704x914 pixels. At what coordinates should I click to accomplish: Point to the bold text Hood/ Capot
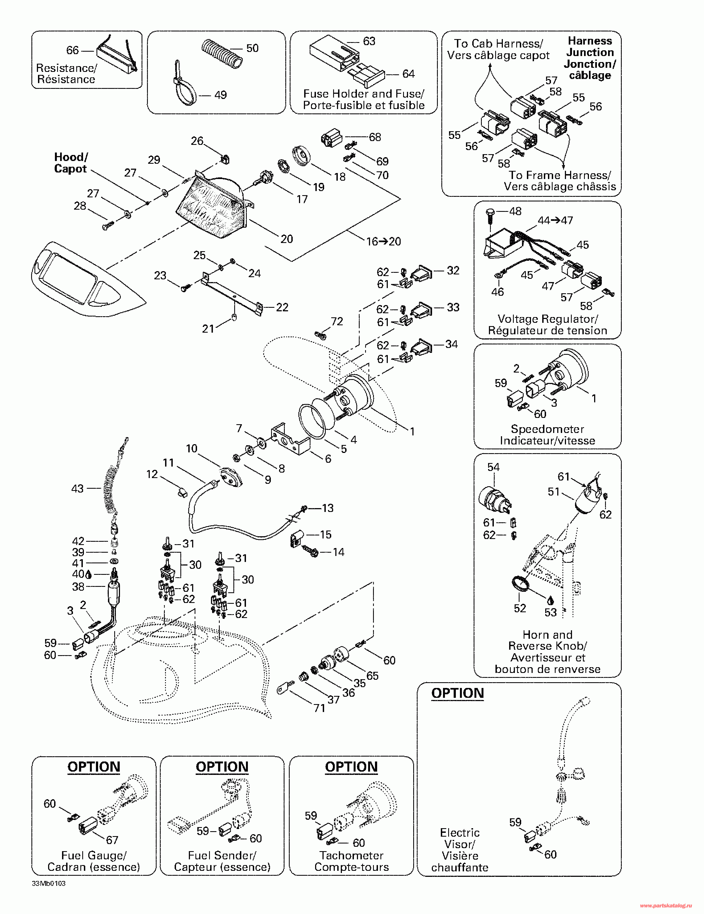click(x=71, y=163)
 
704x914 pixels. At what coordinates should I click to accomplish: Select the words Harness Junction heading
click(x=590, y=46)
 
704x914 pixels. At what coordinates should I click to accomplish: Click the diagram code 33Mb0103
click(x=49, y=883)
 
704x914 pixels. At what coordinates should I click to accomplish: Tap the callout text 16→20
click(x=383, y=241)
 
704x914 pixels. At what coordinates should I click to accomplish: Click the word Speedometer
click(x=547, y=429)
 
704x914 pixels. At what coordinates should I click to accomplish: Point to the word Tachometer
click(x=351, y=856)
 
